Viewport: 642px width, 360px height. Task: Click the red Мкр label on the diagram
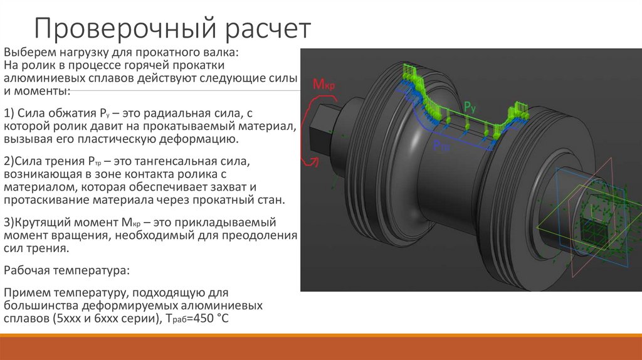tap(322, 85)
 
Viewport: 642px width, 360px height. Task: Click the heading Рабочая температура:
tap(67, 270)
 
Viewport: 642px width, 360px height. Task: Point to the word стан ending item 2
tap(272, 200)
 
